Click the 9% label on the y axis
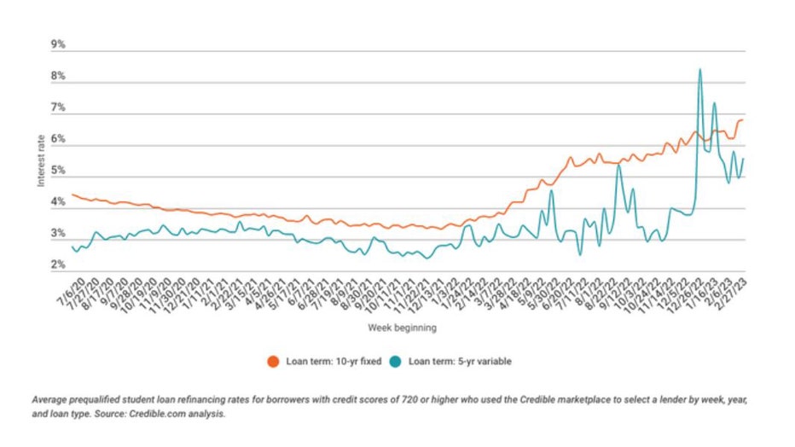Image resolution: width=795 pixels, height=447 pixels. (x=59, y=44)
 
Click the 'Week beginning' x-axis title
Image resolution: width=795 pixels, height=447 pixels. (x=403, y=327)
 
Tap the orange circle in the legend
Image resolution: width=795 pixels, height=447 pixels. (x=274, y=361)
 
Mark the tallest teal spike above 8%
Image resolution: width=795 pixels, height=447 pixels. (x=700, y=70)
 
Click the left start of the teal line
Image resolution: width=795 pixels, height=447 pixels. (x=73, y=247)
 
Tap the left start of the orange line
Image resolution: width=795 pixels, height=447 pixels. (x=73, y=194)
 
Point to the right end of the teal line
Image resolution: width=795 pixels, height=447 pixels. (x=743, y=159)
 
